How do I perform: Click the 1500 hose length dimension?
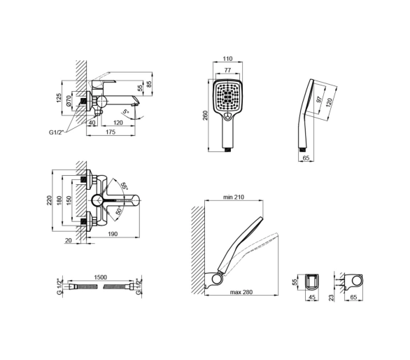[x=100, y=277]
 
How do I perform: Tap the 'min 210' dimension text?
[x=234, y=197]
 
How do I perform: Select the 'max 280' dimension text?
[x=241, y=292]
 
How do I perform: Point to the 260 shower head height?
[x=206, y=116]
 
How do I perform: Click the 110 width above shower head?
[x=227, y=59]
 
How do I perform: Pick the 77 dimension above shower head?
[x=227, y=70]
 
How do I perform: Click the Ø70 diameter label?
[x=69, y=101]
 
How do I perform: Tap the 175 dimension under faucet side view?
[x=111, y=132]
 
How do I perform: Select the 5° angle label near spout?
[x=126, y=111]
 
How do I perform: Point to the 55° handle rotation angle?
[x=124, y=186]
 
